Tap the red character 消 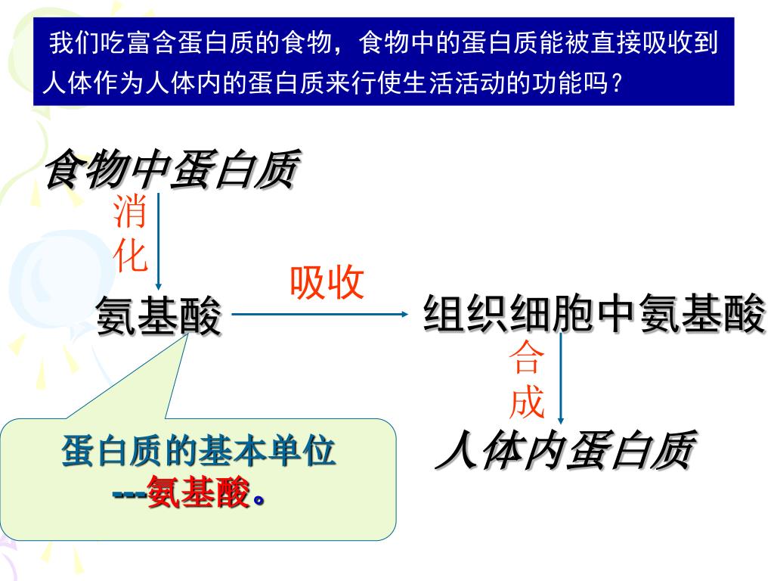(129, 213)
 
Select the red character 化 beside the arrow (129, 255)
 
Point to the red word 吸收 (327, 283)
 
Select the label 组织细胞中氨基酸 (594, 314)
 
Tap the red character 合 (527, 359)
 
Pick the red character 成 (527, 401)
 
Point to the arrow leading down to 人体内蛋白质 (561, 378)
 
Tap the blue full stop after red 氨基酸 (259, 499)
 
